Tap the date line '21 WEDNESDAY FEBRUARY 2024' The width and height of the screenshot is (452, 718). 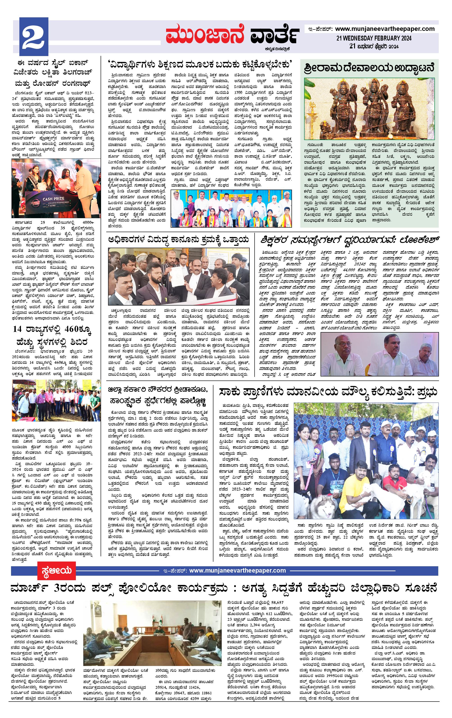[x=374, y=38]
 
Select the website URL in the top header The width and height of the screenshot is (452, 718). [x=385, y=29]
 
